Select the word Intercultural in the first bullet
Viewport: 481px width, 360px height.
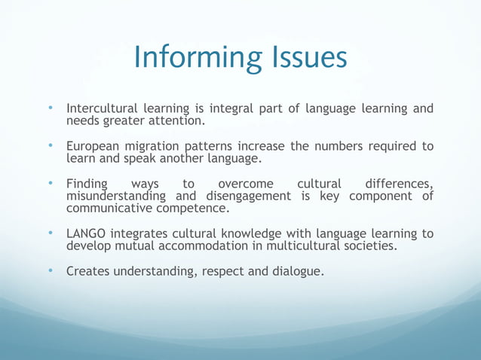tap(103, 109)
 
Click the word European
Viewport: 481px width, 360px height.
tap(93, 146)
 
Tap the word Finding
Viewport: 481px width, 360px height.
tap(87, 183)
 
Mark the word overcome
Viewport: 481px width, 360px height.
tap(245, 183)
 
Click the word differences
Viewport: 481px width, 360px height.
tap(399, 183)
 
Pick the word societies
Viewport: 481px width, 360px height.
tap(368, 246)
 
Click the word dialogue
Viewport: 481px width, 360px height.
tap(296, 271)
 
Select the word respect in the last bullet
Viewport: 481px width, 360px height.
tap(222, 271)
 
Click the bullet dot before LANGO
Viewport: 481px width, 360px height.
tap(50, 233)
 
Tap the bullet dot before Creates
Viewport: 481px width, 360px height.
tap(50, 270)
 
